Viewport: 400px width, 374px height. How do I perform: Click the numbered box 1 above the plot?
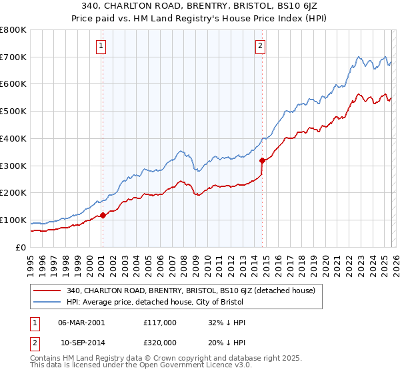click(101, 46)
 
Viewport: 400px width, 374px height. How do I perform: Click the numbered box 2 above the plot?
click(260, 46)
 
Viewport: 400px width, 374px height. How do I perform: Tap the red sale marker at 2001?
click(103, 215)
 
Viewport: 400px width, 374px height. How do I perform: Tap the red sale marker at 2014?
click(262, 160)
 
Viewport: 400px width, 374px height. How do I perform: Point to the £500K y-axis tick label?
click(13, 112)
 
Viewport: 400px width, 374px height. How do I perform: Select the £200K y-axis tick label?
click(13, 193)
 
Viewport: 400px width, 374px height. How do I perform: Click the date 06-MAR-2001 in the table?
click(81, 322)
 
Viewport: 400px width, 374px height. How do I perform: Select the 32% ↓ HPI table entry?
click(227, 322)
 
